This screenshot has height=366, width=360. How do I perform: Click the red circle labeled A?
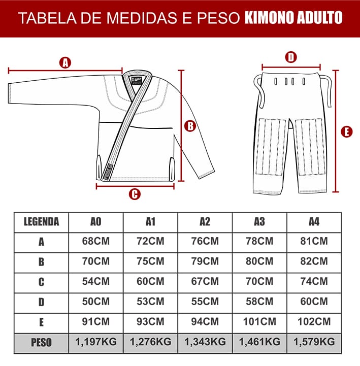click(65, 62)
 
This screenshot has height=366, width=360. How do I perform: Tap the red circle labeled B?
click(190, 126)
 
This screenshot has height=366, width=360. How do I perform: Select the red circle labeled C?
click(135, 194)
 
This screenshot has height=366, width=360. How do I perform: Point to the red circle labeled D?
click(291, 57)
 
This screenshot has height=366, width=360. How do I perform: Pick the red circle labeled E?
click(346, 131)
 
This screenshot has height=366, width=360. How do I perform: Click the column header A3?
click(259, 222)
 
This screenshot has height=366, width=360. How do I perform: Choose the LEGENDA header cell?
click(41, 222)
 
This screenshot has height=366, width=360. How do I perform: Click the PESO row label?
click(41, 343)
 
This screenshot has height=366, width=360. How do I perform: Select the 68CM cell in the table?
click(96, 241)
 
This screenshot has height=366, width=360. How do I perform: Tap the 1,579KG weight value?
click(314, 342)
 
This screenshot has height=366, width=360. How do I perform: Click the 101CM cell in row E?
click(259, 322)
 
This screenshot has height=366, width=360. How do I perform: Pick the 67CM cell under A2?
click(205, 281)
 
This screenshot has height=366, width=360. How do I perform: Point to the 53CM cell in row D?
click(150, 302)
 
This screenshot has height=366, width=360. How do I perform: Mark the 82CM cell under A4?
click(314, 261)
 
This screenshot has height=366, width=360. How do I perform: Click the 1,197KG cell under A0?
click(96, 342)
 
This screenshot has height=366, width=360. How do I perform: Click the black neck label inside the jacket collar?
click(137, 81)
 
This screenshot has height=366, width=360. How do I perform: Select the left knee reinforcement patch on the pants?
click(271, 147)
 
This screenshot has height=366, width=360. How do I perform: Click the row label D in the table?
click(41, 302)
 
